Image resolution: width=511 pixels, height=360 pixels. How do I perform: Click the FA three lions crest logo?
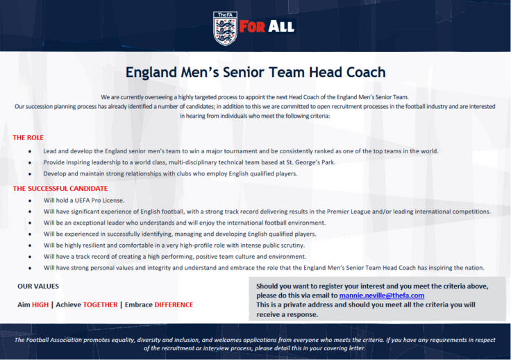pos(225,28)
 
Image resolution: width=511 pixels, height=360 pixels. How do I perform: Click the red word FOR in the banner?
pos(252,26)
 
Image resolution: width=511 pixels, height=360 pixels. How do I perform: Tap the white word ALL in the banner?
pos(281,26)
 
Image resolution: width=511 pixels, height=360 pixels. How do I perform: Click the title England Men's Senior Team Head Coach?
pos(255,72)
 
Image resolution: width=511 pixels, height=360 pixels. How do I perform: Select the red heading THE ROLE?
pos(28,137)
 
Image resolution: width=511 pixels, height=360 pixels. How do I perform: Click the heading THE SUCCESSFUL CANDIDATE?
pos(60,189)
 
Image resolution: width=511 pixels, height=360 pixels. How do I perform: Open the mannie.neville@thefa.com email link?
pos(382,295)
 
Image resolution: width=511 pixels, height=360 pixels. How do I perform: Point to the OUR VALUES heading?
pos(38,286)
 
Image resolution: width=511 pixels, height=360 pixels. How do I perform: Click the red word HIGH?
pos(40,305)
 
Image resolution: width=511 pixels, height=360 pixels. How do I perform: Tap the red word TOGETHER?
pos(100,305)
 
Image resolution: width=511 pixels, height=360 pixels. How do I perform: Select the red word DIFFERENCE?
pos(174,305)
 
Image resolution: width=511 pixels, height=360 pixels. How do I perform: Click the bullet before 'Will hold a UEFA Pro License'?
pos(30,201)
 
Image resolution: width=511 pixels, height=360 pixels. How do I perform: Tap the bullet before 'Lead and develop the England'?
pos(30,152)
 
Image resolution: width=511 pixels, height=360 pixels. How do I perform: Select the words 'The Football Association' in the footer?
pos(48,340)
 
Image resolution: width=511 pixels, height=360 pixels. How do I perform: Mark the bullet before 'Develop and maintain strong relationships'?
pos(30,174)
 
